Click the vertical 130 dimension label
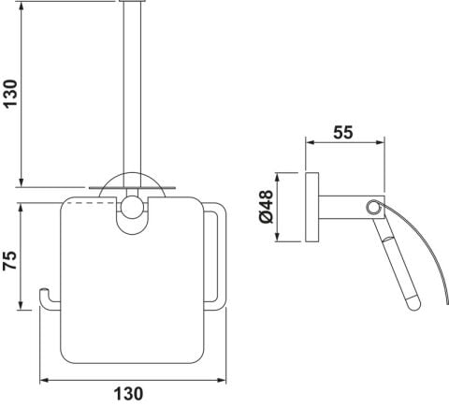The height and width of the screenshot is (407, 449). coord(10,94)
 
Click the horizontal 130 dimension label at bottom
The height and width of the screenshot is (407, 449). coord(128,394)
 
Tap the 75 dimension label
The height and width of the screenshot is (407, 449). coord(10,260)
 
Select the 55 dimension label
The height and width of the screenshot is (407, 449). coord(343,133)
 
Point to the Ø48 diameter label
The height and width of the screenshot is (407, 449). coord(267,207)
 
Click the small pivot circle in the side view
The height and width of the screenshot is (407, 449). coord(372,208)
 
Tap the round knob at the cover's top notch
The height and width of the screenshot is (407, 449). coord(130,207)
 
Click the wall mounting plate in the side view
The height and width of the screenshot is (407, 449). coord(311,207)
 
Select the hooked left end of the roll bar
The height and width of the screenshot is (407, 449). coord(45,298)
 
